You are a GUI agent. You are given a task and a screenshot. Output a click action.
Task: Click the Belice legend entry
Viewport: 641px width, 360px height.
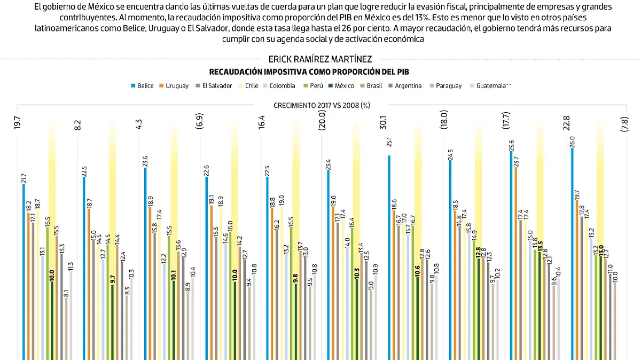[142, 85]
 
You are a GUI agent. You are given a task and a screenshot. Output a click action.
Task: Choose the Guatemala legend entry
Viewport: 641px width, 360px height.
[491, 85]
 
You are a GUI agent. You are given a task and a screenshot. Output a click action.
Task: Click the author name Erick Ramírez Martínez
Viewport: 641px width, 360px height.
[320, 60]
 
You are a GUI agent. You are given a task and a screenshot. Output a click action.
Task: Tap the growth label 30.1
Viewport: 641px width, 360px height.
[382, 123]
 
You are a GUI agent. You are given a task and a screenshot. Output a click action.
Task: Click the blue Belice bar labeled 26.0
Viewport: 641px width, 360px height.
[572, 251]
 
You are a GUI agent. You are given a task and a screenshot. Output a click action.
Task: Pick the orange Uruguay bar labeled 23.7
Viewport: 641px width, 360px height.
[516, 262]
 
